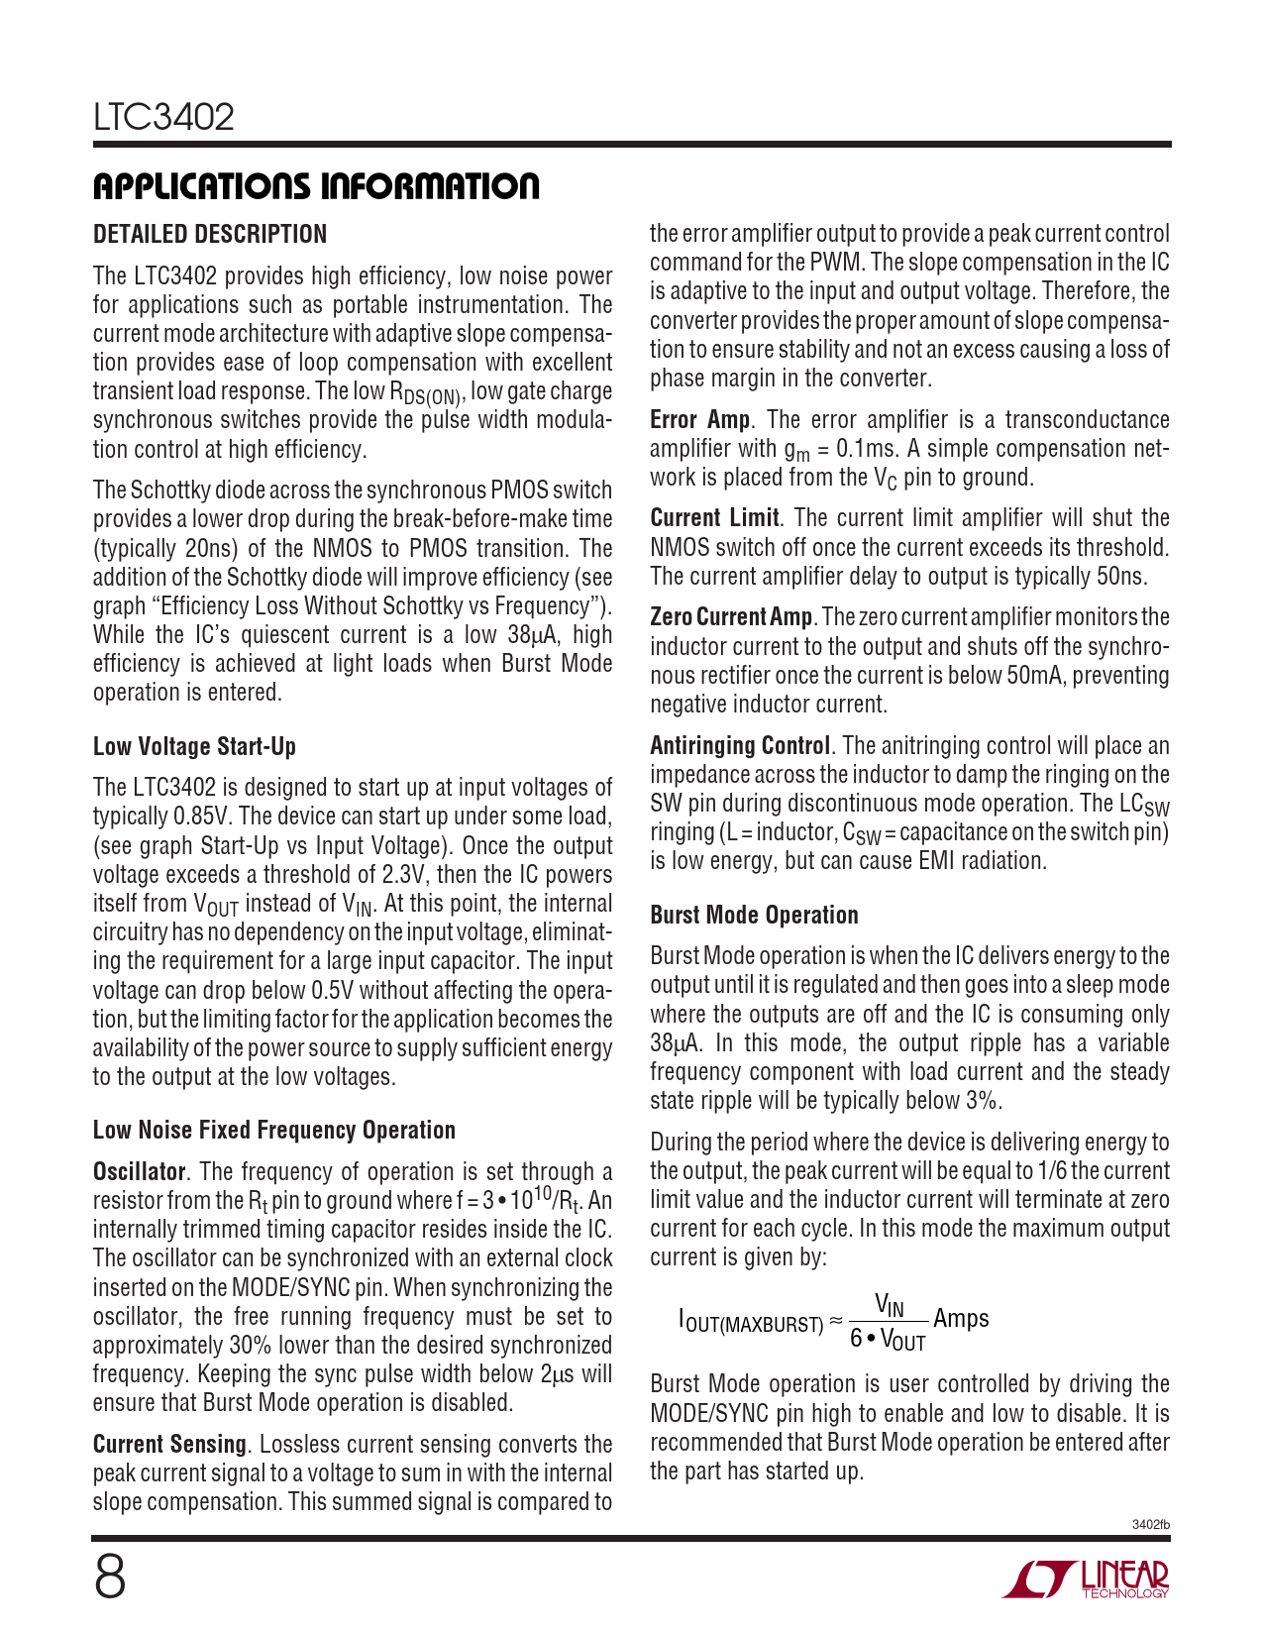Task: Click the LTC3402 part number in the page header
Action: pyautogui.click(x=163, y=117)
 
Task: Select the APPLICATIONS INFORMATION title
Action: pyautogui.click(x=316, y=186)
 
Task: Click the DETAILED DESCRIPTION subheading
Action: pyautogui.click(x=210, y=235)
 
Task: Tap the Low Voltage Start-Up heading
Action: pyautogui.click(x=194, y=746)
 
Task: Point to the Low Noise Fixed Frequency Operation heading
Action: pyautogui.click(x=274, y=1131)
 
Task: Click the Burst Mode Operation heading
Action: pyautogui.click(x=754, y=915)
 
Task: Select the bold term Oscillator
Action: pyautogui.click(x=139, y=1171)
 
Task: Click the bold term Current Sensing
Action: pyautogui.click(x=169, y=1444)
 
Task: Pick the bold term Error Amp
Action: pyautogui.click(x=699, y=419)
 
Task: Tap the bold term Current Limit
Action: pyautogui.click(x=714, y=518)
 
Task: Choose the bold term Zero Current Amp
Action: pyautogui.click(x=731, y=617)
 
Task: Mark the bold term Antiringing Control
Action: pyautogui.click(x=740, y=745)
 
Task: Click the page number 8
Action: pyautogui.click(x=110, y=1578)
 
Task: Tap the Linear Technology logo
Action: pyautogui.click(x=1087, y=1579)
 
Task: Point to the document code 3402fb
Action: pyautogui.click(x=1150, y=1525)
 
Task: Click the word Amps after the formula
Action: pyautogui.click(x=961, y=1319)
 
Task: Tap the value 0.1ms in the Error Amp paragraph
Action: pyautogui.click(x=866, y=449)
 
